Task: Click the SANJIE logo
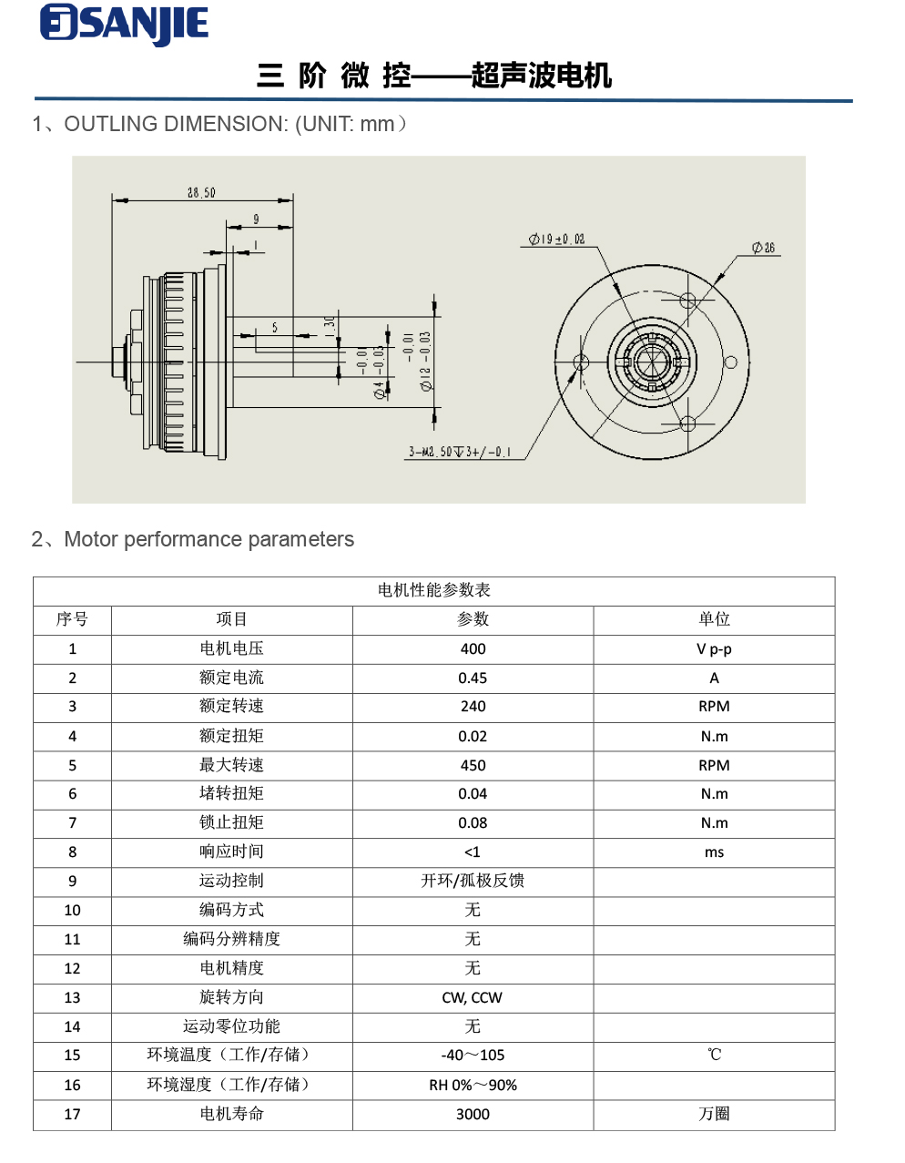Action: pos(125,25)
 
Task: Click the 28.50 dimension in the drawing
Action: pos(201,192)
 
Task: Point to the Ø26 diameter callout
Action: pos(764,248)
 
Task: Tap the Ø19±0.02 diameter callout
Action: pos(557,240)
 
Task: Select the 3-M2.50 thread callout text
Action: pos(460,452)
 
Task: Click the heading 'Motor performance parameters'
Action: pos(208,539)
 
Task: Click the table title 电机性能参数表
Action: pos(433,590)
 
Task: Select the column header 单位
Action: pos(714,619)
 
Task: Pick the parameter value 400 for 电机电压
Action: pos(473,648)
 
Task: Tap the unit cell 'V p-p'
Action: pos(714,648)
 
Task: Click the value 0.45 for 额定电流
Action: pos(473,678)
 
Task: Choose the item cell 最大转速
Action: pos(231,765)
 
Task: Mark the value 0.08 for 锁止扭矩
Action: pos(473,822)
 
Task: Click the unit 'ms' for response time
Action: pos(714,852)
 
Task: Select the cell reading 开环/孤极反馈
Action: pos(473,881)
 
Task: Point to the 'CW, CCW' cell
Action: pos(473,997)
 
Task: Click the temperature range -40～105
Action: pos(473,1055)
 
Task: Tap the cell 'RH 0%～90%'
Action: pos(473,1085)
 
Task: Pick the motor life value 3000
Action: pos(473,1114)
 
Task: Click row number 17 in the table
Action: pos(72,1114)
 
